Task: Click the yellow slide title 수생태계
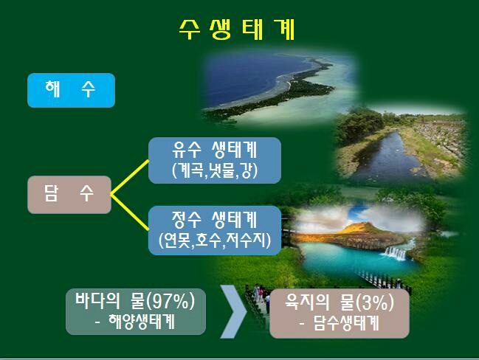(237, 30)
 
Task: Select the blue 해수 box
(71, 90)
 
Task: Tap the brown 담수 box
(69, 195)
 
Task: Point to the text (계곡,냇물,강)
(215, 170)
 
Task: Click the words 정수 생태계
(215, 220)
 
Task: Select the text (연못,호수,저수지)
(215, 240)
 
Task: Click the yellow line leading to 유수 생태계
(130, 177)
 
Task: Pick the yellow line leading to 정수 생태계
(130, 212)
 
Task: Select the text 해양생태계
(142, 322)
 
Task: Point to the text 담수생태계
(346, 323)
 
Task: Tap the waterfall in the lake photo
(396, 253)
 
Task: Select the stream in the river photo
(388, 156)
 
